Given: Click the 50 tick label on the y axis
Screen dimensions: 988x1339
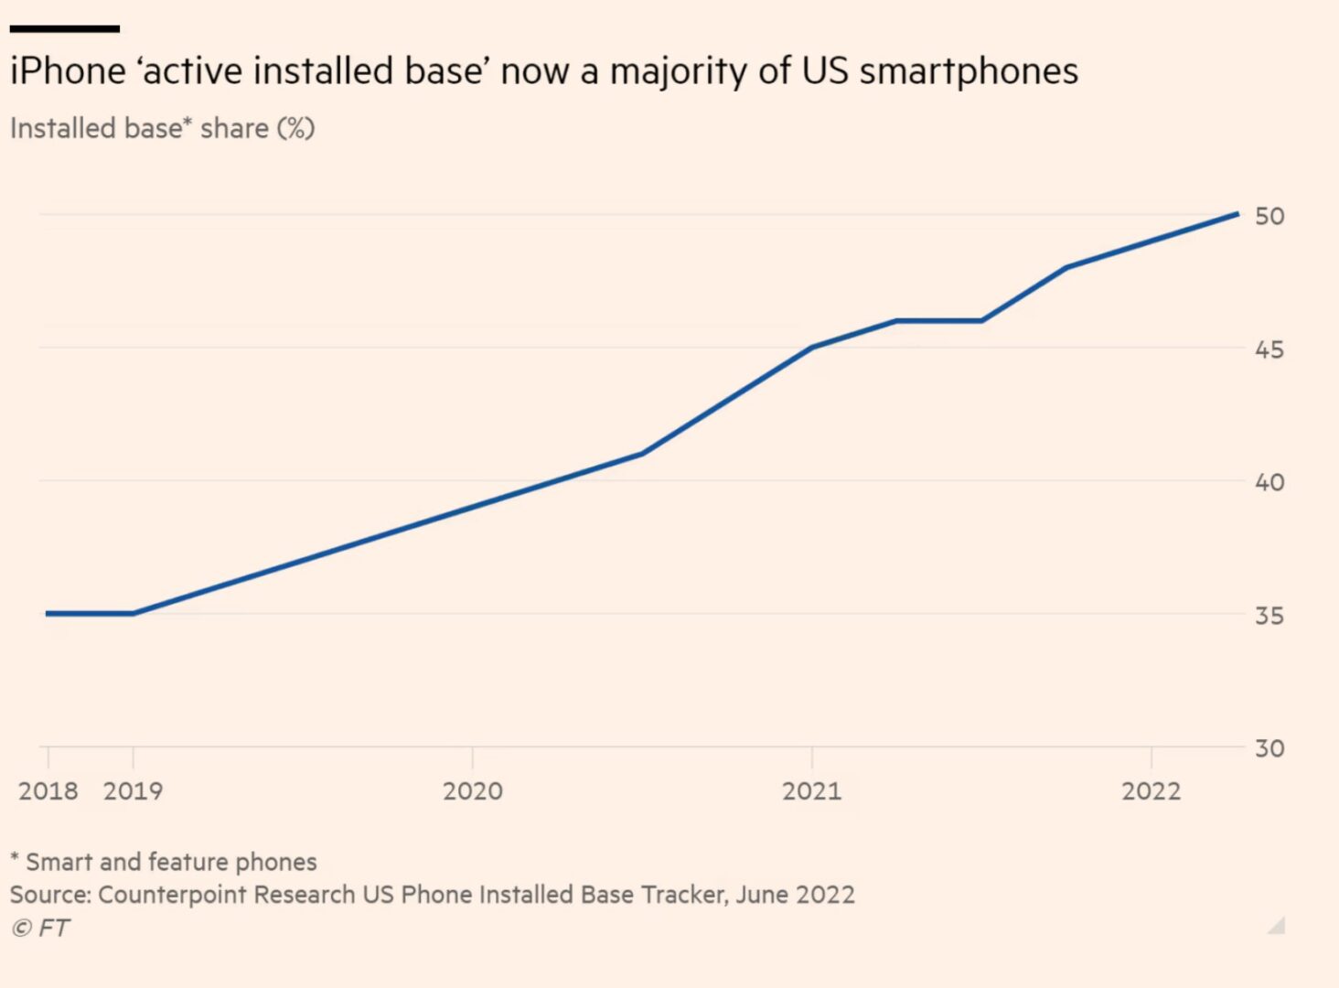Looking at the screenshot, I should click(1269, 216).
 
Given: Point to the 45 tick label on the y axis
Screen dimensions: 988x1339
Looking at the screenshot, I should click(1269, 349).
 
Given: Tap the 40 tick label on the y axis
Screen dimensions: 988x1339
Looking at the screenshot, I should click(1269, 482).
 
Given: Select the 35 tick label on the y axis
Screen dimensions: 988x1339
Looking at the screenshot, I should click(1269, 616).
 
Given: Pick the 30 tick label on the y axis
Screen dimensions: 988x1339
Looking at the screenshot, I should click(1269, 748).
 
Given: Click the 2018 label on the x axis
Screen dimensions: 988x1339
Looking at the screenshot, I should click(48, 790).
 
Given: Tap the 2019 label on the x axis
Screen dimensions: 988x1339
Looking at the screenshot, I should click(134, 790).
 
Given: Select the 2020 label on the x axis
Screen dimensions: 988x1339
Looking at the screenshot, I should click(473, 790).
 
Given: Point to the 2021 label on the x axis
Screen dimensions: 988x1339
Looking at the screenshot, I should click(812, 790).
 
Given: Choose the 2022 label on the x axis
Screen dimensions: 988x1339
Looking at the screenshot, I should click(1152, 790).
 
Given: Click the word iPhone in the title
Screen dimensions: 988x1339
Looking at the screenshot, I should click(68, 71).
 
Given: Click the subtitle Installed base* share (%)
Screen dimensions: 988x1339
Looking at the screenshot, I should click(163, 128).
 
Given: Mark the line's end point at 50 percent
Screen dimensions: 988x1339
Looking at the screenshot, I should click(1237, 214).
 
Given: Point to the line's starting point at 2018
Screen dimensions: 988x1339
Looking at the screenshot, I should click(48, 613).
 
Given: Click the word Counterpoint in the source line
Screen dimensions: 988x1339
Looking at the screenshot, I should click(171, 895).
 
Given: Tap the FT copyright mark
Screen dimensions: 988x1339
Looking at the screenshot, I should click(40, 928).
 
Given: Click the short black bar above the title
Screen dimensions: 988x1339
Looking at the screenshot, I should click(65, 29).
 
